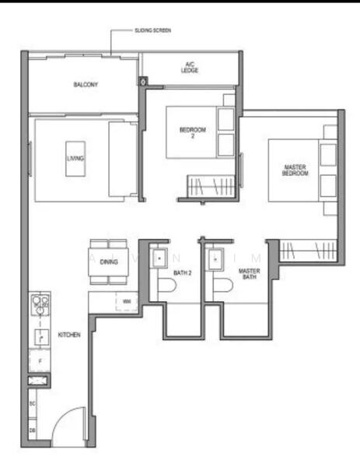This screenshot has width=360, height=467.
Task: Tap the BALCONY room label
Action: (x=86, y=84)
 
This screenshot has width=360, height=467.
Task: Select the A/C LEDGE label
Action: (x=188, y=67)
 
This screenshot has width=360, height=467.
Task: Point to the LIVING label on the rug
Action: (x=75, y=158)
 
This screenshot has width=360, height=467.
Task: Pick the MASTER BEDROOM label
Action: (x=295, y=169)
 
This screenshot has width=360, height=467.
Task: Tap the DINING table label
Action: (x=110, y=262)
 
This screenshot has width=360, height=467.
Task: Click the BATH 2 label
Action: (x=182, y=272)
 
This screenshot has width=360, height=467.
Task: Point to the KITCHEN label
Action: (x=69, y=335)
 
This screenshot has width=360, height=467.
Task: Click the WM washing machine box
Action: (x=125, y=300)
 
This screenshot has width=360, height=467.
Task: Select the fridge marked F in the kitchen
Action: (x=39, y=360)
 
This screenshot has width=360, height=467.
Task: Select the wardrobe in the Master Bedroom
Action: (x=306, y=251)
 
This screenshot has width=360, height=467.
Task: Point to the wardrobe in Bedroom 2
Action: (x=205, y=188)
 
